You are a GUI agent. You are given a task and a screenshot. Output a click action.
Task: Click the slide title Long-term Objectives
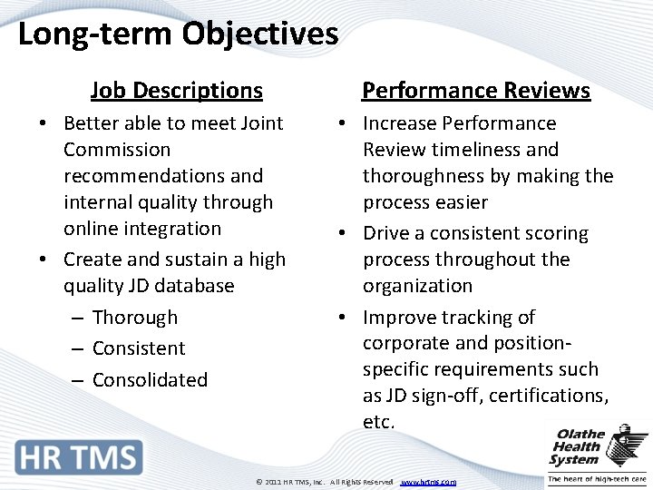click(x=178, y=34)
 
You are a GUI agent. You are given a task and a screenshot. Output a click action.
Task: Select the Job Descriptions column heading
click(x=177, y=91)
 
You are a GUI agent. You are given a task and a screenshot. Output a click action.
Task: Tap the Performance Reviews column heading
click(x=476, y=91)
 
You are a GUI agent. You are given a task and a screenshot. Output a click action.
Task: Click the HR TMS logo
click(x=79, y=456)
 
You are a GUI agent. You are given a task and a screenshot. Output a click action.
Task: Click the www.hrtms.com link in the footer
click(x=428, y=482)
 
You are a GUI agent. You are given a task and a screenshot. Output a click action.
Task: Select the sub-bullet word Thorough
click(x=135, y=318)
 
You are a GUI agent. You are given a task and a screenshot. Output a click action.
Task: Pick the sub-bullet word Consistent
click(x=139, y=348)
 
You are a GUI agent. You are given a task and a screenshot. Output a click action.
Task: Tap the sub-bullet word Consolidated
click(x=150, y=380)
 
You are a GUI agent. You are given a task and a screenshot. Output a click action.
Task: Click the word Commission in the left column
click(x=117, y=150)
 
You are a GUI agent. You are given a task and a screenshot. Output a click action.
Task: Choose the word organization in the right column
click(x=417, y=286)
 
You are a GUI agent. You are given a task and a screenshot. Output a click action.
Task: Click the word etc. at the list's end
click(x=378, y=422)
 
